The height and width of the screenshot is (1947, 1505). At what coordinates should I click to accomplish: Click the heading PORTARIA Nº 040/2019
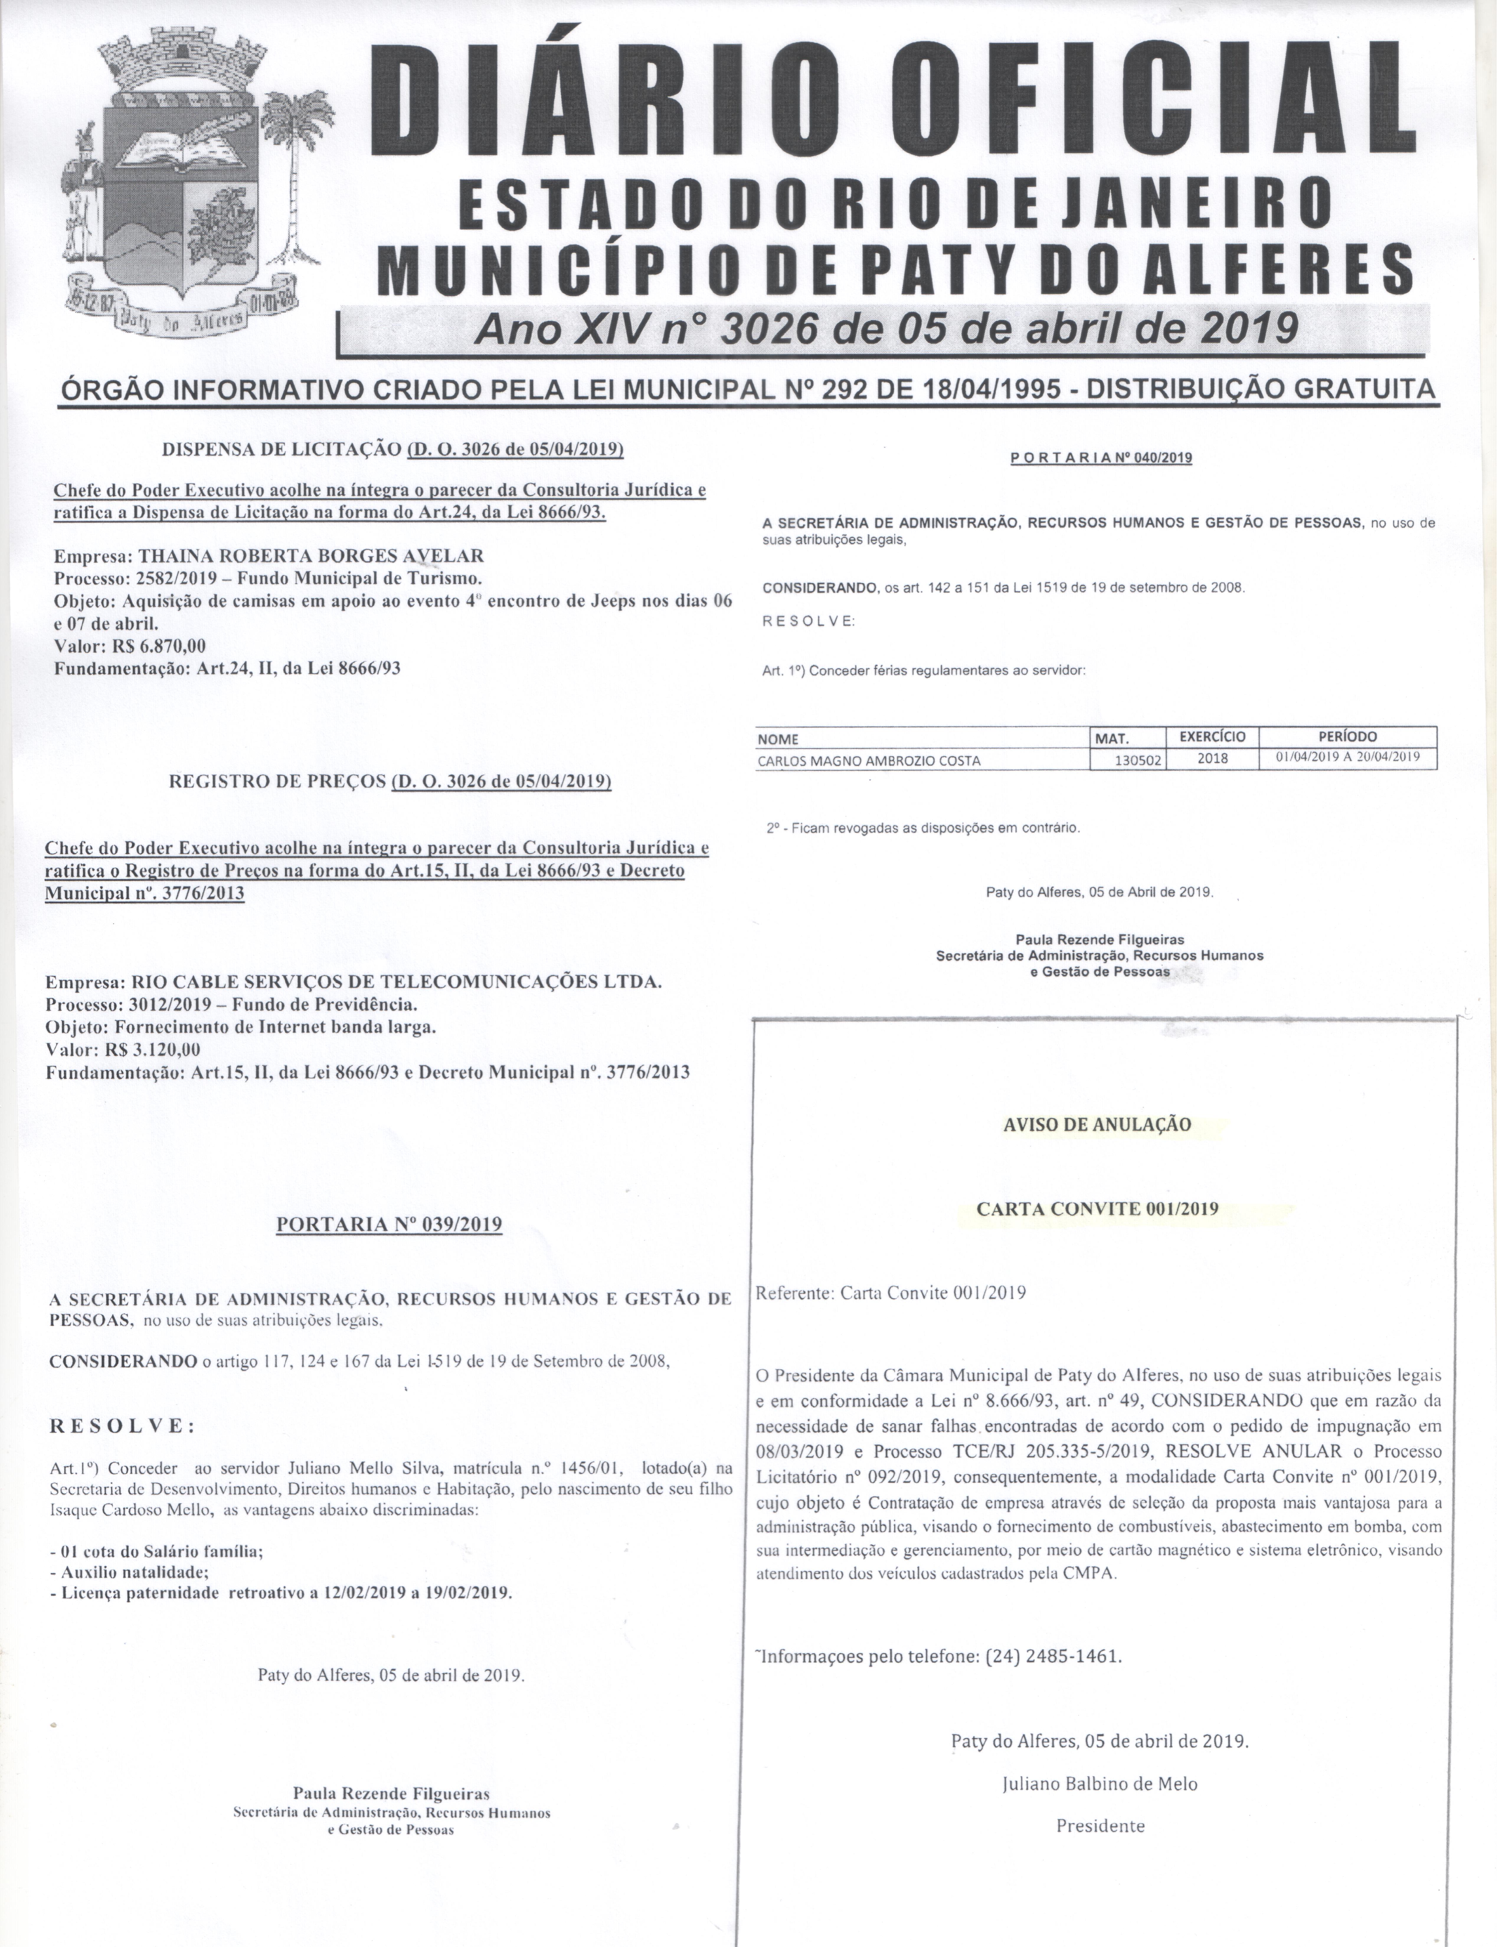click(x=1101, y=458)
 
